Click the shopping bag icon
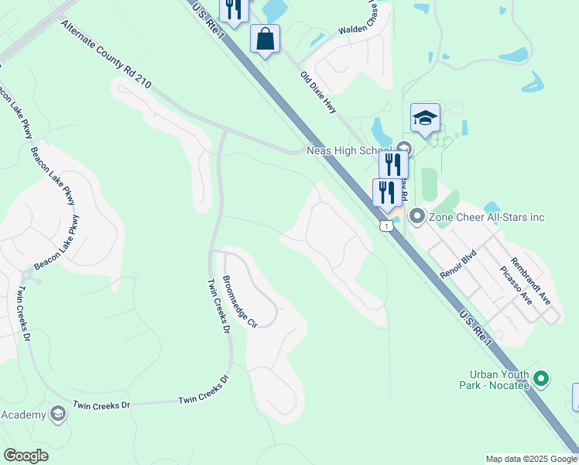tap(265, 38)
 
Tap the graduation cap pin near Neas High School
tap(425, 118)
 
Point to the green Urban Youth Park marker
tap(542, 379)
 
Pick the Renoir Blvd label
tap(456, 263)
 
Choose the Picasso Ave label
tap(516, 284)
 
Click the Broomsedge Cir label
tap(238, 302)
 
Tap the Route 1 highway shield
tap(385, 226)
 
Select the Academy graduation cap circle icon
tap(57, 415)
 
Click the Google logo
tap(26, 456)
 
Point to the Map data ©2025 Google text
tap(530, 459)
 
